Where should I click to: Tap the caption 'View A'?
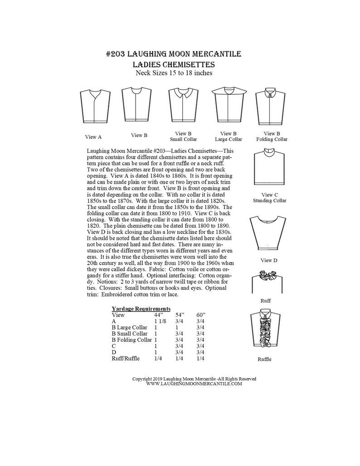(x=93, y=136)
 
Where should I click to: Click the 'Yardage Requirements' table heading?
(x=141, y=308)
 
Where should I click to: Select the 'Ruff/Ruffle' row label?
(x=126, y=359)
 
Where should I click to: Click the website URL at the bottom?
(x=195, y=383)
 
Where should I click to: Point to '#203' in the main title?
(x=117, y=54)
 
